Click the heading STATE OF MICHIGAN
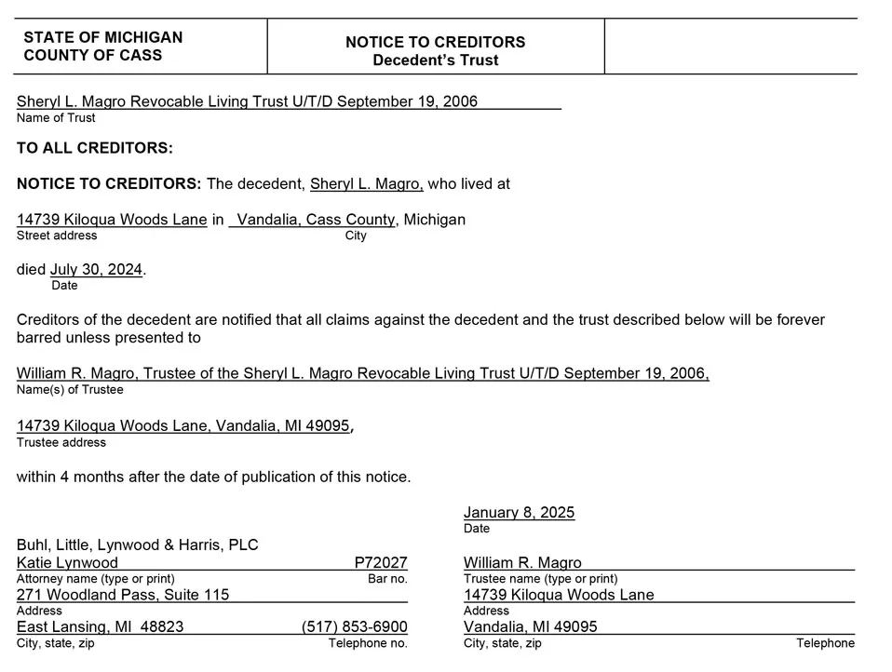click(x=102, y=37)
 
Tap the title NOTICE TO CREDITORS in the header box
click(x=435, y=42)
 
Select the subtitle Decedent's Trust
click(x=435, y=60)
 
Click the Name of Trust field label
click(x=56, y=118)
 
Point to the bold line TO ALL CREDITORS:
click(x=95, y=148)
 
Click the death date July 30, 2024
click(x=96, y=270)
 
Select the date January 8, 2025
click(x=519, y=513)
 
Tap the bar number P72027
click(x=381, y=563)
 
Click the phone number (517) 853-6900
click(x=355, y=627)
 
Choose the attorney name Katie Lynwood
click(x=67, y=563)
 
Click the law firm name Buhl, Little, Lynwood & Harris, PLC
click(x=138, y=544)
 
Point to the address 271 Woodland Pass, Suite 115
click(x=123, y=595)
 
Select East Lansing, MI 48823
click(x=100, y=627)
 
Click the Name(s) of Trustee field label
click(x=70, y=390)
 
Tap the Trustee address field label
click(x=61, y=442)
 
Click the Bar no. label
click(x=387, y=579)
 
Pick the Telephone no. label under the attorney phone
click(x=368, y=643)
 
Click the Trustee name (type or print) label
click(x=540, y=579)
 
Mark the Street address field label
click(x=57, y=235)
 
